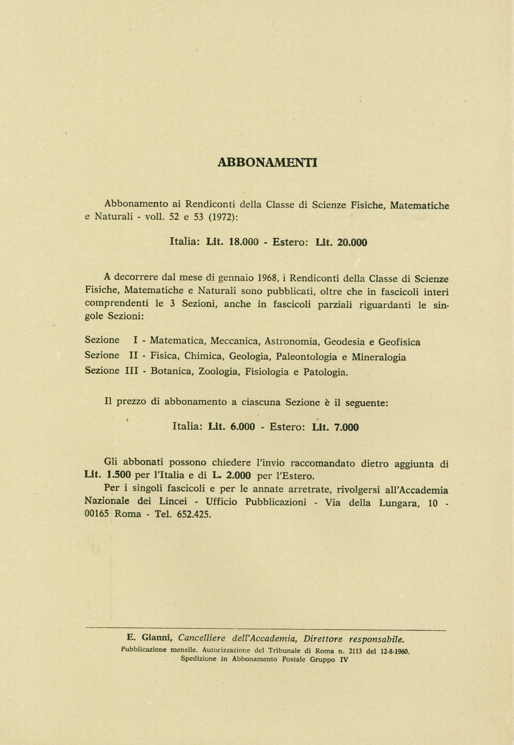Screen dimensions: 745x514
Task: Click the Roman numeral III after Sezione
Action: point(131,371)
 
